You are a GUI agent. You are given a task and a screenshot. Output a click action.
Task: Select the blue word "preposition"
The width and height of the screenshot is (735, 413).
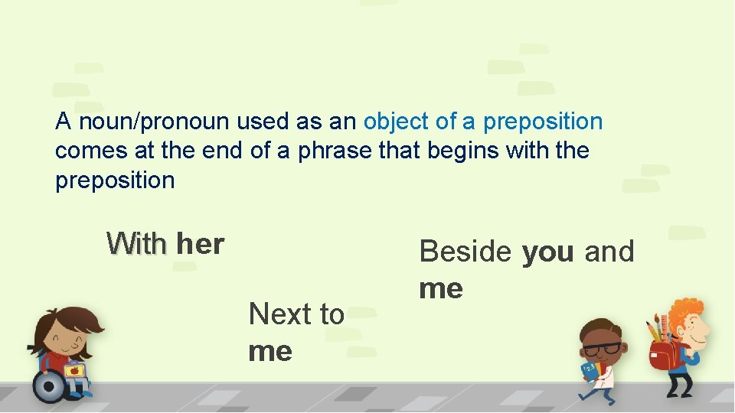(543, 122)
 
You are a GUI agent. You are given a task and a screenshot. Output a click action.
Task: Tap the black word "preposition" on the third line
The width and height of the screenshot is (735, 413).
(115, 181)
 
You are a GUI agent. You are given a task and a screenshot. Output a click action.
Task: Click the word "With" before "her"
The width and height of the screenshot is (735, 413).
(137, 244)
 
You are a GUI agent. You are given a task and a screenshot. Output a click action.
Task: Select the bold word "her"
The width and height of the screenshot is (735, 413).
(200, 244)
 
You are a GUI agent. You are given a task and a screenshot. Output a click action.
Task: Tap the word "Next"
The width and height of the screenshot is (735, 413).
(280, 314)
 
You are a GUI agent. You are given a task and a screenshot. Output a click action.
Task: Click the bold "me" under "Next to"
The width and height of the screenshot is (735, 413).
(270, 351)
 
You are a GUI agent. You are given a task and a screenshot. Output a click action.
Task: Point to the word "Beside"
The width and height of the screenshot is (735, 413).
(465, 251)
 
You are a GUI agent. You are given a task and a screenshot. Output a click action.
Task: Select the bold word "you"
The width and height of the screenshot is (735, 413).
(547, 251)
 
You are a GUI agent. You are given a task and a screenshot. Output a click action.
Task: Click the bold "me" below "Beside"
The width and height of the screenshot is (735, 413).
(441, 288)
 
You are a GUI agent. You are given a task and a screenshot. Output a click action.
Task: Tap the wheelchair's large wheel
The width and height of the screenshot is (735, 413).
(48, 385)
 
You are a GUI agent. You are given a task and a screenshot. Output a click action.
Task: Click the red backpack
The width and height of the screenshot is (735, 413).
(664, 354)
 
